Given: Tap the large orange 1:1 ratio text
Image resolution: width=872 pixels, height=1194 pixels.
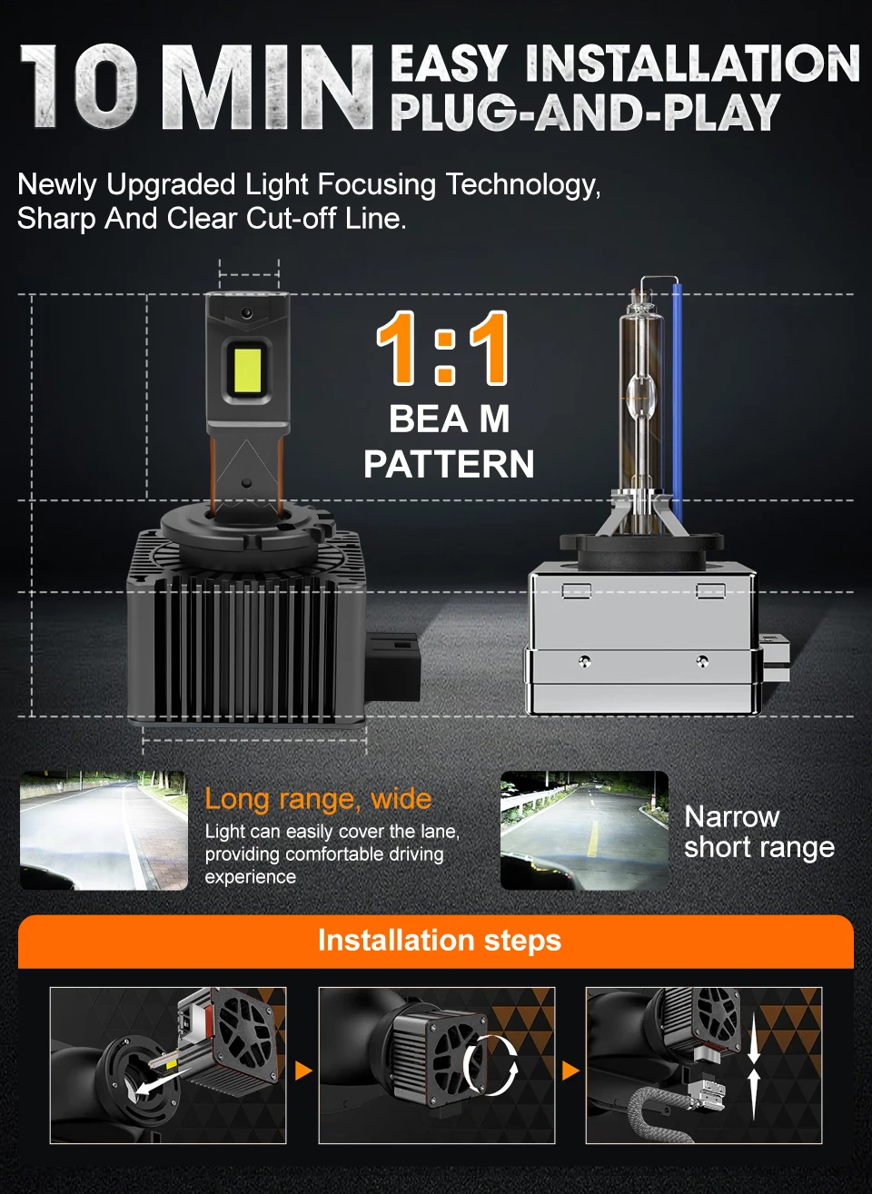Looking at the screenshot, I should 442,349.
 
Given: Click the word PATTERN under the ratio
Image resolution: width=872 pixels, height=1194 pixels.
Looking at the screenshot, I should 449,464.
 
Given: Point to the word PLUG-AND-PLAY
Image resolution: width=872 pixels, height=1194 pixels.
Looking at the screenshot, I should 585,113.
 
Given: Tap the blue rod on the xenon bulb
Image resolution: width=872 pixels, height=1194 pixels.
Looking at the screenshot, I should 677,390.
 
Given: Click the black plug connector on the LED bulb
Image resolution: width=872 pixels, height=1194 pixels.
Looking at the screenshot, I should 393,666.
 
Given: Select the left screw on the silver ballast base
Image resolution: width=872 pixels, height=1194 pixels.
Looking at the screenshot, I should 585,660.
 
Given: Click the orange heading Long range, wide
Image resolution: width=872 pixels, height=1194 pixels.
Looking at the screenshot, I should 318,799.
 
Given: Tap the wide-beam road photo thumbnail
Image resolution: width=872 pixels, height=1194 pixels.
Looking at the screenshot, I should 104,831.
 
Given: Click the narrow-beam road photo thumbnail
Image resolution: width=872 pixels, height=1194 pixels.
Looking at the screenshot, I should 584,831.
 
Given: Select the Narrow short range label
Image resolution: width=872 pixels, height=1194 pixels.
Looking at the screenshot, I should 758,832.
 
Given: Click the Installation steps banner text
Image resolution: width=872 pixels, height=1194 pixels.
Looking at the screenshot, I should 440,941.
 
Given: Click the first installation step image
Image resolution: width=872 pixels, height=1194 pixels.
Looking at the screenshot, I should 168,1065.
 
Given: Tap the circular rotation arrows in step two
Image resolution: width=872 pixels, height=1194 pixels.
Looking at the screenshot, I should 490,1064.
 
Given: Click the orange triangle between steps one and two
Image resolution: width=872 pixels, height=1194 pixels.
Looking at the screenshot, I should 303,1071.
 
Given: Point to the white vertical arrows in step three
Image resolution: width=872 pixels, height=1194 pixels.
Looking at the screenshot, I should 753,1066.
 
